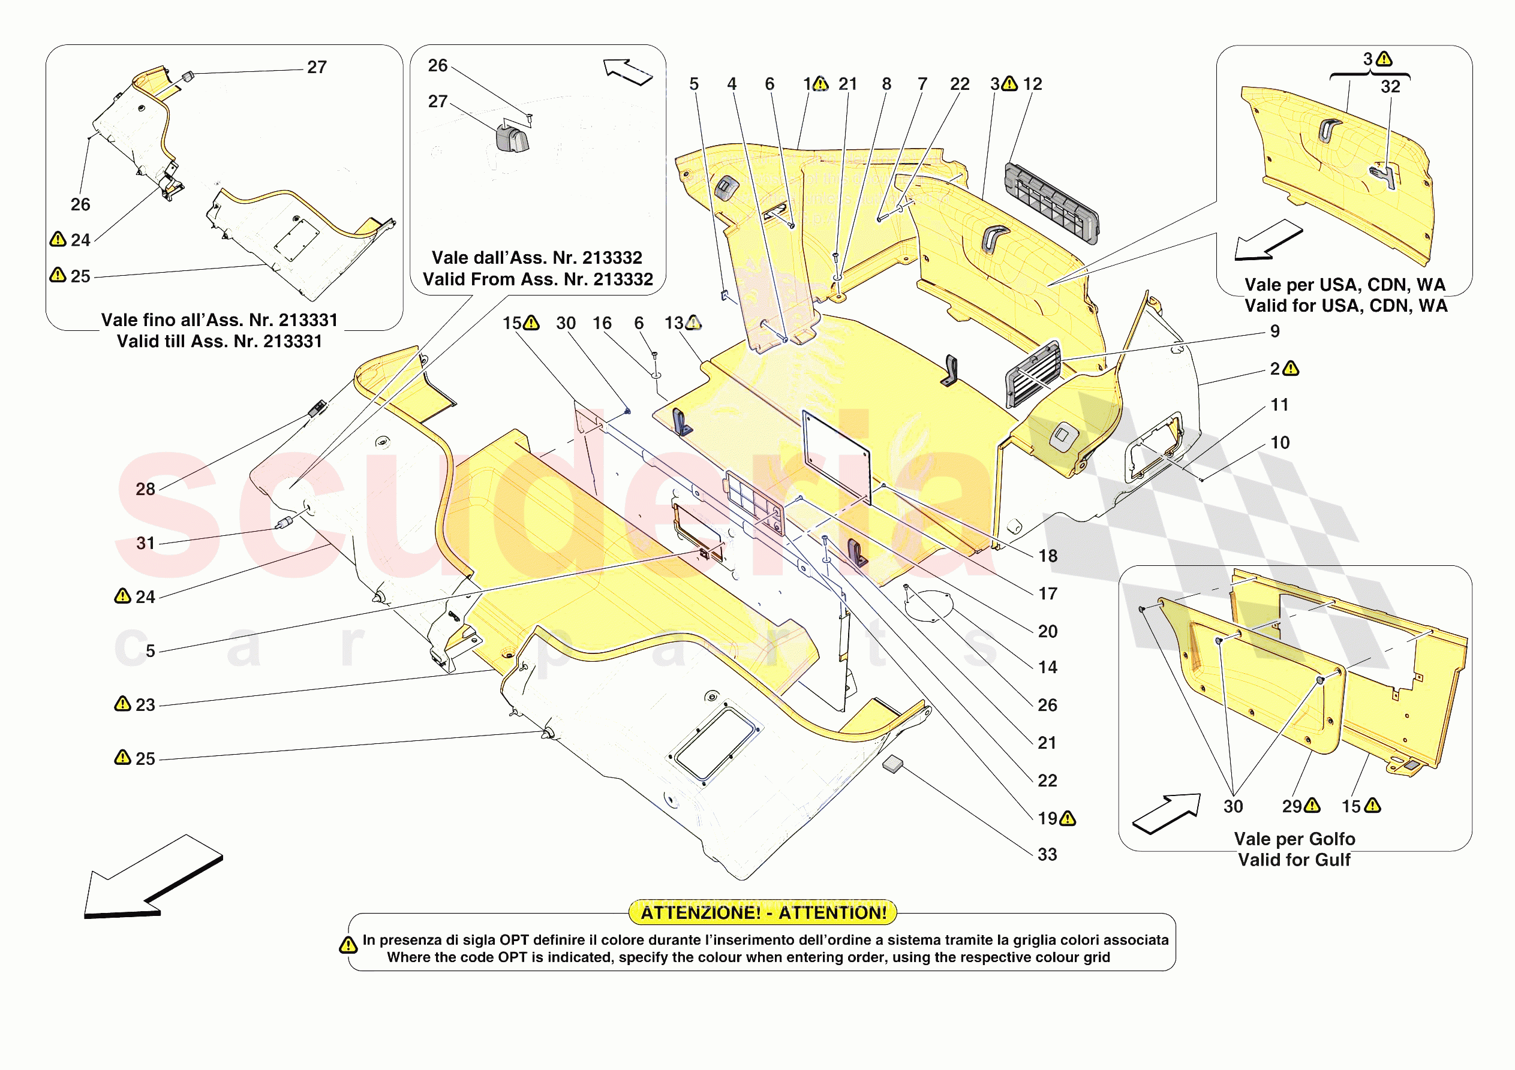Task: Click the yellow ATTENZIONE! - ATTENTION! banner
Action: tap(763, 912)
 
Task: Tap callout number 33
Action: tap(1047, 854)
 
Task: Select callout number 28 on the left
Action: tap(145, 489)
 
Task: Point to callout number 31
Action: tap(145, 543)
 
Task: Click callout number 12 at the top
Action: tap(1033, 84)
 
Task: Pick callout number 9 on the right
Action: tap(1275, 331)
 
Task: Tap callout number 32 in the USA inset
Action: tap(1390, 86)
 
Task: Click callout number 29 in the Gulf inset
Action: tap(1292, 806)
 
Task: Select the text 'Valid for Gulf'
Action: tap(1294, 860)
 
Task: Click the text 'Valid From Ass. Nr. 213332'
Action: tap(538, 279)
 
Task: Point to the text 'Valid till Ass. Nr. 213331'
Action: tap(219, 341)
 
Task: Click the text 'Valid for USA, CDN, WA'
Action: tap(1346, 306)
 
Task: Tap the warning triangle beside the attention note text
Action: tap(348, 945)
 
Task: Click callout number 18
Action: tap(1048, 556)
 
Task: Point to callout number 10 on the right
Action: tap(1279, 442)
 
